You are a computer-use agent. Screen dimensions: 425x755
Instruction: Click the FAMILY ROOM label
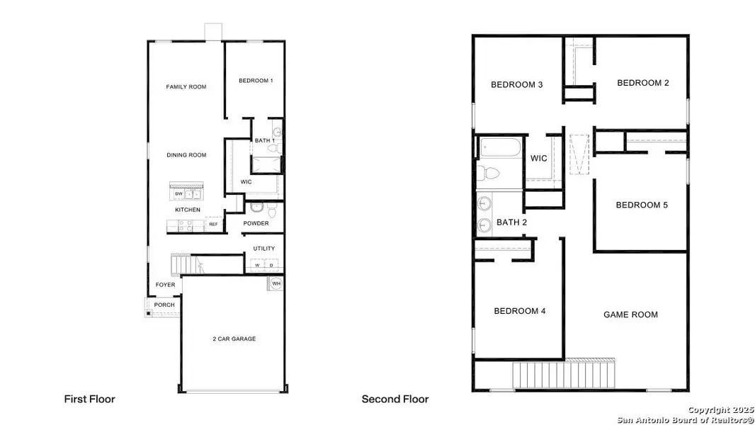[x=186, y=87]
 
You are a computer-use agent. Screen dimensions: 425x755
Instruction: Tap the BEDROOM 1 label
[x=256, y=81]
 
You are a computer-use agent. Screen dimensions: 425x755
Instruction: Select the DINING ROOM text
[x=186, y=155]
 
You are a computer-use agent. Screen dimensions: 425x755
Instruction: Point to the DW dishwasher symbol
[x=178, y=193]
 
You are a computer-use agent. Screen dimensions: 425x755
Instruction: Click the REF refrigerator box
[x=212, y=225]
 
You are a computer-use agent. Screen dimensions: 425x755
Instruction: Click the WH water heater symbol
[x=276, y=284]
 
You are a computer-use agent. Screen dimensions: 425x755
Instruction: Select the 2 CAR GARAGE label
[x=234, y=339]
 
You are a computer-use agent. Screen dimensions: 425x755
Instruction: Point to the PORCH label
[x=164, y=305]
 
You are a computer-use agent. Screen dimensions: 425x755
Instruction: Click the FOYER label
[x=165, y=285]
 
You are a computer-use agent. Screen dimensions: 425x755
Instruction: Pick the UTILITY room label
[x=264, y=249]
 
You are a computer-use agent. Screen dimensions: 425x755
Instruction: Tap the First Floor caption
[x=89, y=399]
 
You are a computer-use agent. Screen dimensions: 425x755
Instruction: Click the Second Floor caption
[x=395, y=399]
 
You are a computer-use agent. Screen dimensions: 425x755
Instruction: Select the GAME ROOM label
[x=630, y=314]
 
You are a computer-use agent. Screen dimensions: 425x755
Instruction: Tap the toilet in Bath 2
[x=490, y=173]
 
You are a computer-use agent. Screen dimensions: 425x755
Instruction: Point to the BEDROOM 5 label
[x=642, y=205]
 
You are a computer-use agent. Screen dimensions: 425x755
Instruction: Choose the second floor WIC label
[x=539, y=159]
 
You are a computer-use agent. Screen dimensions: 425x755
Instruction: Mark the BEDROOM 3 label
[x=517, y=85]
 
